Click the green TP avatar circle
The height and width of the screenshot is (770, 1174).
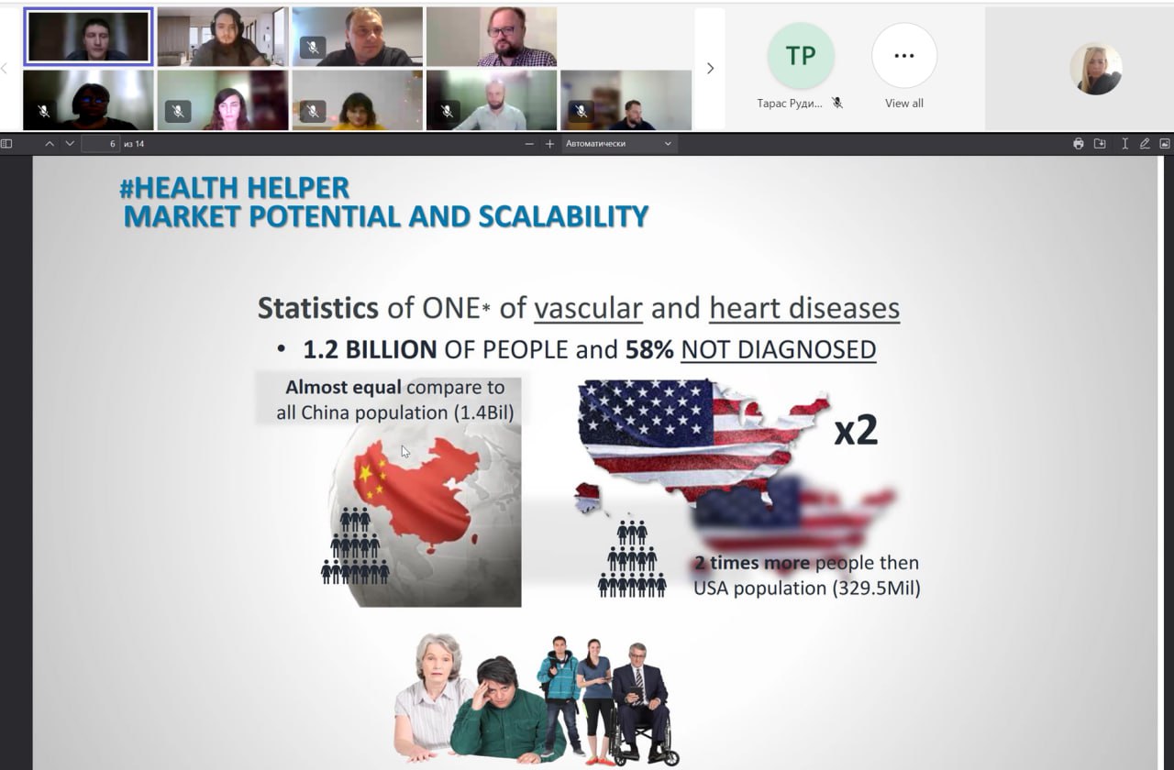click(801, 56)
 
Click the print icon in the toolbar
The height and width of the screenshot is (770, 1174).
click(1078, 144)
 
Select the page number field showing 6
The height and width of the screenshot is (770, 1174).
click(101, 144)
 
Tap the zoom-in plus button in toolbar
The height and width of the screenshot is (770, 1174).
click(549, 144)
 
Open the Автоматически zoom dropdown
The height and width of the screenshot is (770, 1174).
click(618, 144)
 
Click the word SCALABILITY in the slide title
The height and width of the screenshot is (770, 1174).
click(563, 217)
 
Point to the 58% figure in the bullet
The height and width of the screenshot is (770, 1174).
click(649, 349)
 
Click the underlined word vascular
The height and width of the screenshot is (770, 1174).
click(588, 308)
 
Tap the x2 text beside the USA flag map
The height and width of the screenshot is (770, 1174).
click(856, 430)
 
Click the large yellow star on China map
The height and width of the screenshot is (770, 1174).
click(365, 474)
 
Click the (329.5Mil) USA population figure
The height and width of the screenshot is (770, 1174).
click(876, 588)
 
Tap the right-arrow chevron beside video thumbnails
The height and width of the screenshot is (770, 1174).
click(710, 68)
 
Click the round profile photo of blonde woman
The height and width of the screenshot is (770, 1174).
click(1096, 69)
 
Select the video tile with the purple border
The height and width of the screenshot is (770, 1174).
click(89, 36)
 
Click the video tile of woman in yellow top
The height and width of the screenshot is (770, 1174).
click(358, 100)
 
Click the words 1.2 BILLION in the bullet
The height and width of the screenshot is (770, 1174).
click(370, 349)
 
